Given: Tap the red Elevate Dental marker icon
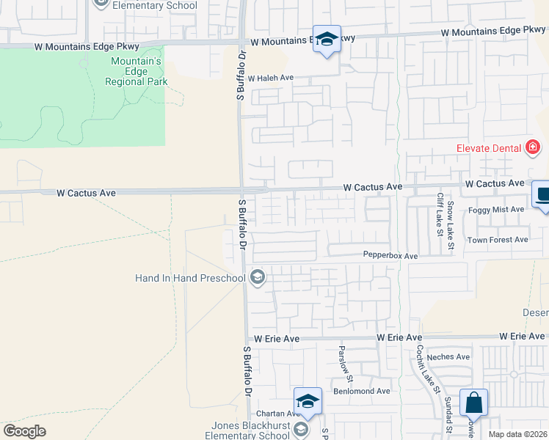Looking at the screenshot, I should coord(534,148).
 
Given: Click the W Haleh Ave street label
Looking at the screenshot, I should coord(270,78).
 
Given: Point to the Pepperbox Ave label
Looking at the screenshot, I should coord(390,256).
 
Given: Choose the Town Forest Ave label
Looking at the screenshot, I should coord(498,240).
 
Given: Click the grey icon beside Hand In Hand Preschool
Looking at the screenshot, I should coord(257,277).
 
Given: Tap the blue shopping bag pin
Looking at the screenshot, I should coord(473,403).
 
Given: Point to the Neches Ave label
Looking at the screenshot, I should coord(452,357).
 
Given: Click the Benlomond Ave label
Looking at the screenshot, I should coord(362,391).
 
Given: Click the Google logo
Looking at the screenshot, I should coord(24,431).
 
